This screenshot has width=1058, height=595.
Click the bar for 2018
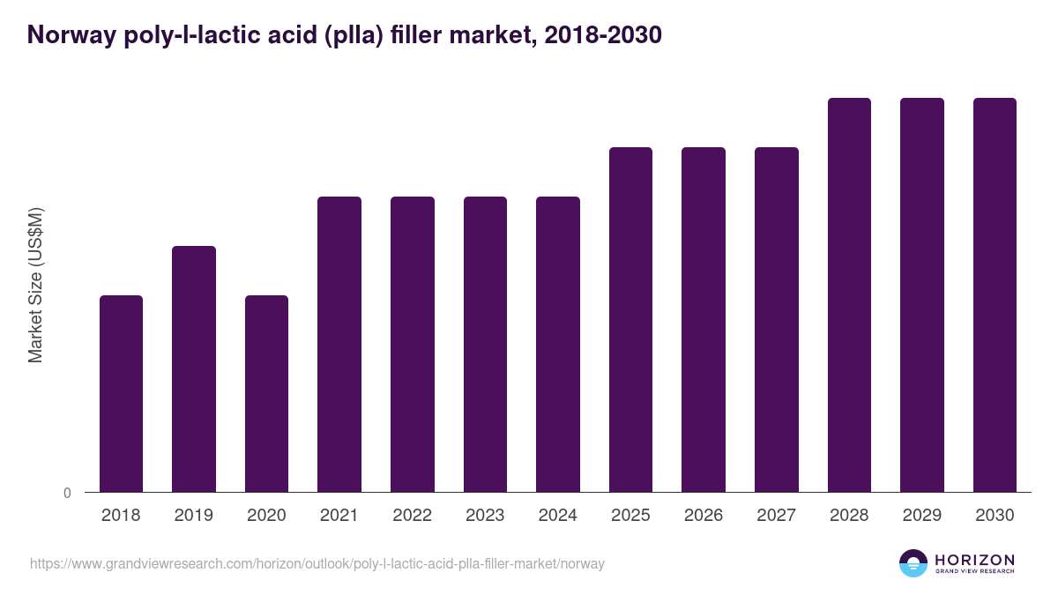[121, 393]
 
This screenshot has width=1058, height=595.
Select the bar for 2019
[194, 368]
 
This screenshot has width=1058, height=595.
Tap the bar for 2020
[266, 393]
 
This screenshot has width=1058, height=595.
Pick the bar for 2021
[339, 344]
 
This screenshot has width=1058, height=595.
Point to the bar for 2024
[558, 344]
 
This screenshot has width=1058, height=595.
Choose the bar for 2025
[630, 319]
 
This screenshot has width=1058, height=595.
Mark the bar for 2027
[777, 319]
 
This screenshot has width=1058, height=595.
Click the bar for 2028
[849, 294]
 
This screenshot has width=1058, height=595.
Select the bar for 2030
[995, 294]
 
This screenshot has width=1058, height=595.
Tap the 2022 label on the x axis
[413, 516]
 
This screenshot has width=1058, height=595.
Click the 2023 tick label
[485, 516]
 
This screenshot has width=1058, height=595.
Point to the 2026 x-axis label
[704, 516]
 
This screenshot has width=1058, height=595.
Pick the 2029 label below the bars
[922, 516]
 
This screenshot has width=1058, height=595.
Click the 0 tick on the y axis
[67, 494]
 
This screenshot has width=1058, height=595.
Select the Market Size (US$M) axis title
[35, 285]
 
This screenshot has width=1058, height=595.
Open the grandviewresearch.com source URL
[317, 563]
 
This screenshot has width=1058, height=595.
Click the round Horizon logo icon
[913, 563]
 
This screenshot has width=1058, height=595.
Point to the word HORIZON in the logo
[974, 560]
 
